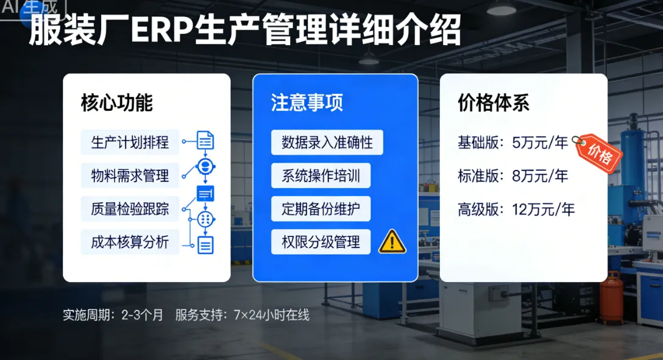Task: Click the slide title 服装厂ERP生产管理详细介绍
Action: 244,31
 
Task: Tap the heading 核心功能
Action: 116,104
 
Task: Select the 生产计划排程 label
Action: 130,143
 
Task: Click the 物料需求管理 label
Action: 130,177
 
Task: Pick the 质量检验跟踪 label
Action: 130,210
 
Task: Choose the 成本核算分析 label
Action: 130,243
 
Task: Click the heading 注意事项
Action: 307,102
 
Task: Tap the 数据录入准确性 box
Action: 327,143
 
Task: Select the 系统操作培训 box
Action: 321,177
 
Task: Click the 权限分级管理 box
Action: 321,242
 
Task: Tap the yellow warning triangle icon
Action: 392,243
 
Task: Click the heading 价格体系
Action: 494,104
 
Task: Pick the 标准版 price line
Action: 513,177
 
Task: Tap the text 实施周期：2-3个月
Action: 113,316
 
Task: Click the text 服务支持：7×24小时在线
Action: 242,316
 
